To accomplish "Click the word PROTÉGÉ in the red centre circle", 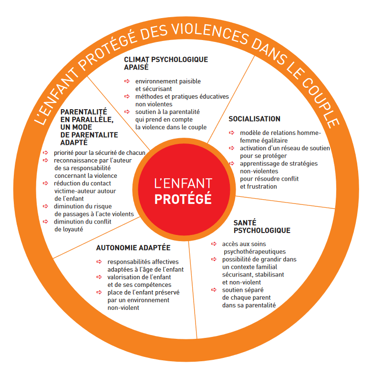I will (183, 199).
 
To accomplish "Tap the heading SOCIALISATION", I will (254, 119).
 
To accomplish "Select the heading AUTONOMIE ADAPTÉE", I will (133, 248).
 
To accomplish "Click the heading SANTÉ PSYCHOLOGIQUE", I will (262, 226).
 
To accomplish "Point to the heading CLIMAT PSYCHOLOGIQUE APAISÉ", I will (166, 63).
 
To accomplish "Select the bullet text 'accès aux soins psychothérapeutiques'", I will (254, 247).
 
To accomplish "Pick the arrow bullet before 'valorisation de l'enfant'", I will (99, 277).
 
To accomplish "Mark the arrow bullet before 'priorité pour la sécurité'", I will (46, 153).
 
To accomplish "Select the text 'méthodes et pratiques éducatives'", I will (182, 96).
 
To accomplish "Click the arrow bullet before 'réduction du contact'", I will (46, 183).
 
